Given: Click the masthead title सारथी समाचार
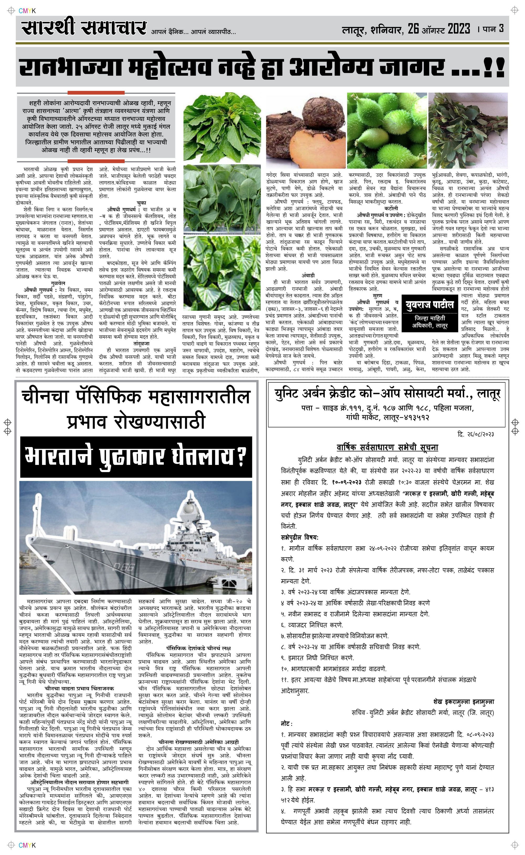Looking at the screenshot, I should pyautogui.click(x=83, y=28).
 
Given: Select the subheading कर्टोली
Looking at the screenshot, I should pyautogui.click(x=391, y=208).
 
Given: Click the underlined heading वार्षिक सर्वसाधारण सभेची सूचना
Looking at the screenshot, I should pyautogui.click(x=387, y=447).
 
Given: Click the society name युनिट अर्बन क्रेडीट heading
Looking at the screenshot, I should pyautogui.click(x=387, y=394).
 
